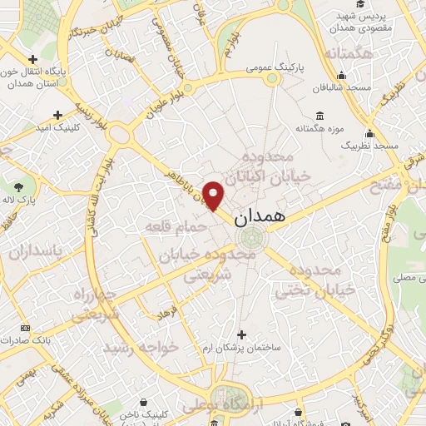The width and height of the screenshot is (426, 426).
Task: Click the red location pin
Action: pyautogui.click(x=214, y=196)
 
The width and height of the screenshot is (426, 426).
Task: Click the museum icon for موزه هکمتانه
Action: pyautogui.click(x=319, y=116)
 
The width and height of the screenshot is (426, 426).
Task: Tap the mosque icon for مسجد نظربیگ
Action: pyautogui.click(x=369, y=134)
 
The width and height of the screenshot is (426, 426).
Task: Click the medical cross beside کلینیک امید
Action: pyautogui.click(x=57, y=115)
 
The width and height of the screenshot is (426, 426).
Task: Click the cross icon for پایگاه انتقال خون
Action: pyautogui.click(x=32, y=59)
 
